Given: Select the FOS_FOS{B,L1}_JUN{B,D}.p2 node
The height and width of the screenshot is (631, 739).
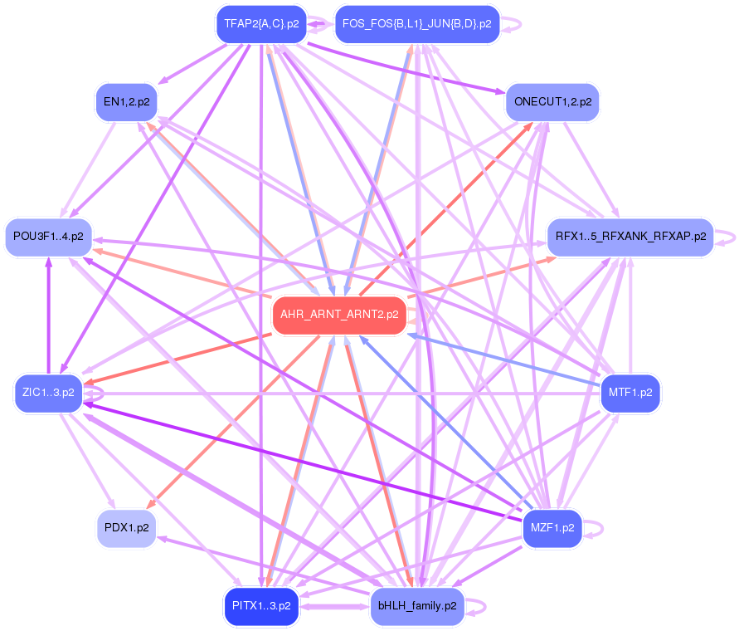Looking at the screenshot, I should tap(416, 24).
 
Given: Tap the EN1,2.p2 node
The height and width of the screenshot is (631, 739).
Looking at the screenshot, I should tap(126, 102).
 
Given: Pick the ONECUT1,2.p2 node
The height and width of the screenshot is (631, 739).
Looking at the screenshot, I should tap(552, 102).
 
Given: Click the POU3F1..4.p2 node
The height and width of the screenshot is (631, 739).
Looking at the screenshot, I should tap(49, 237).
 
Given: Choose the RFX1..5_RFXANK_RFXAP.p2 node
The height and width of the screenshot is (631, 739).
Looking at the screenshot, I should tap(630, 237).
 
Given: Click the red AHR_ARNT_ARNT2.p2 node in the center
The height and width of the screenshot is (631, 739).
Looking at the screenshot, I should tap(339, 315).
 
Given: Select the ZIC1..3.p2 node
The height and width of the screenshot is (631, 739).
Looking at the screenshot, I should tap(49, 393).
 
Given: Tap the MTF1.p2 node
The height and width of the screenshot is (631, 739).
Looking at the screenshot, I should tap(630, 393).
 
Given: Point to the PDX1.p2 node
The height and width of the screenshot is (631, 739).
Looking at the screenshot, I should tap(126, 527).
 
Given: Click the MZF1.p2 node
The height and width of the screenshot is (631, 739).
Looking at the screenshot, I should tap(552, 527).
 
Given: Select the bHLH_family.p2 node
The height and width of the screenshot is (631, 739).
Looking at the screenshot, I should tap(416, 606).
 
